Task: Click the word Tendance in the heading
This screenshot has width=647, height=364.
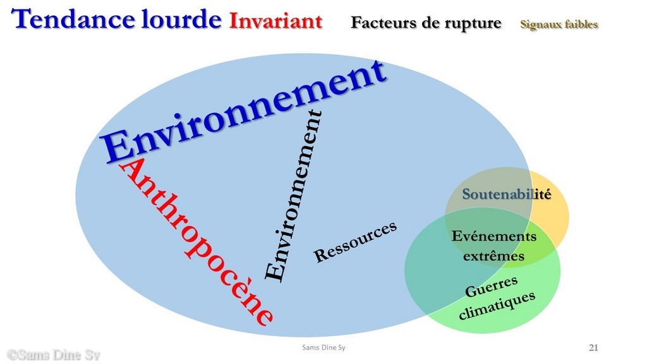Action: coord(73,19)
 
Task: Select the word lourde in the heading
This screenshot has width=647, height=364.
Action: coord(181,19)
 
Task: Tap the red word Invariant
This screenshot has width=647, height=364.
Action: coord(275,21)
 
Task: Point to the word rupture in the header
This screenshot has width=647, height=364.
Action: coord(473,23)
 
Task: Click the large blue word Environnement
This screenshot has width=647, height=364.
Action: coord(243,111)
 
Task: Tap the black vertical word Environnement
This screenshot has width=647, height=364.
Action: coord(294,196)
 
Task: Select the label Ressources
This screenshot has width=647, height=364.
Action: coord(355,242)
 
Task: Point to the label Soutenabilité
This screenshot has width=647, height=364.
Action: coord(507,194)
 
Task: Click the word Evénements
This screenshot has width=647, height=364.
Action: coord(494,236)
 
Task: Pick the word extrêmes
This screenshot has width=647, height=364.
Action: coord(493,256)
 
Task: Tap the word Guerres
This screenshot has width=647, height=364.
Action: coord(492,286)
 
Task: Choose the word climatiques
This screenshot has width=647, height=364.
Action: coord(497,305)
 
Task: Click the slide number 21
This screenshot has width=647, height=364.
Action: coord(593,348)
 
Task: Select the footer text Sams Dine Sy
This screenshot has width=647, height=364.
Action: coord(323,348)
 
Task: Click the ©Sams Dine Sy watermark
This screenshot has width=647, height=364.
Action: coord(53,355)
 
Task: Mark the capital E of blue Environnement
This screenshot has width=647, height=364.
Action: coord(116,147)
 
